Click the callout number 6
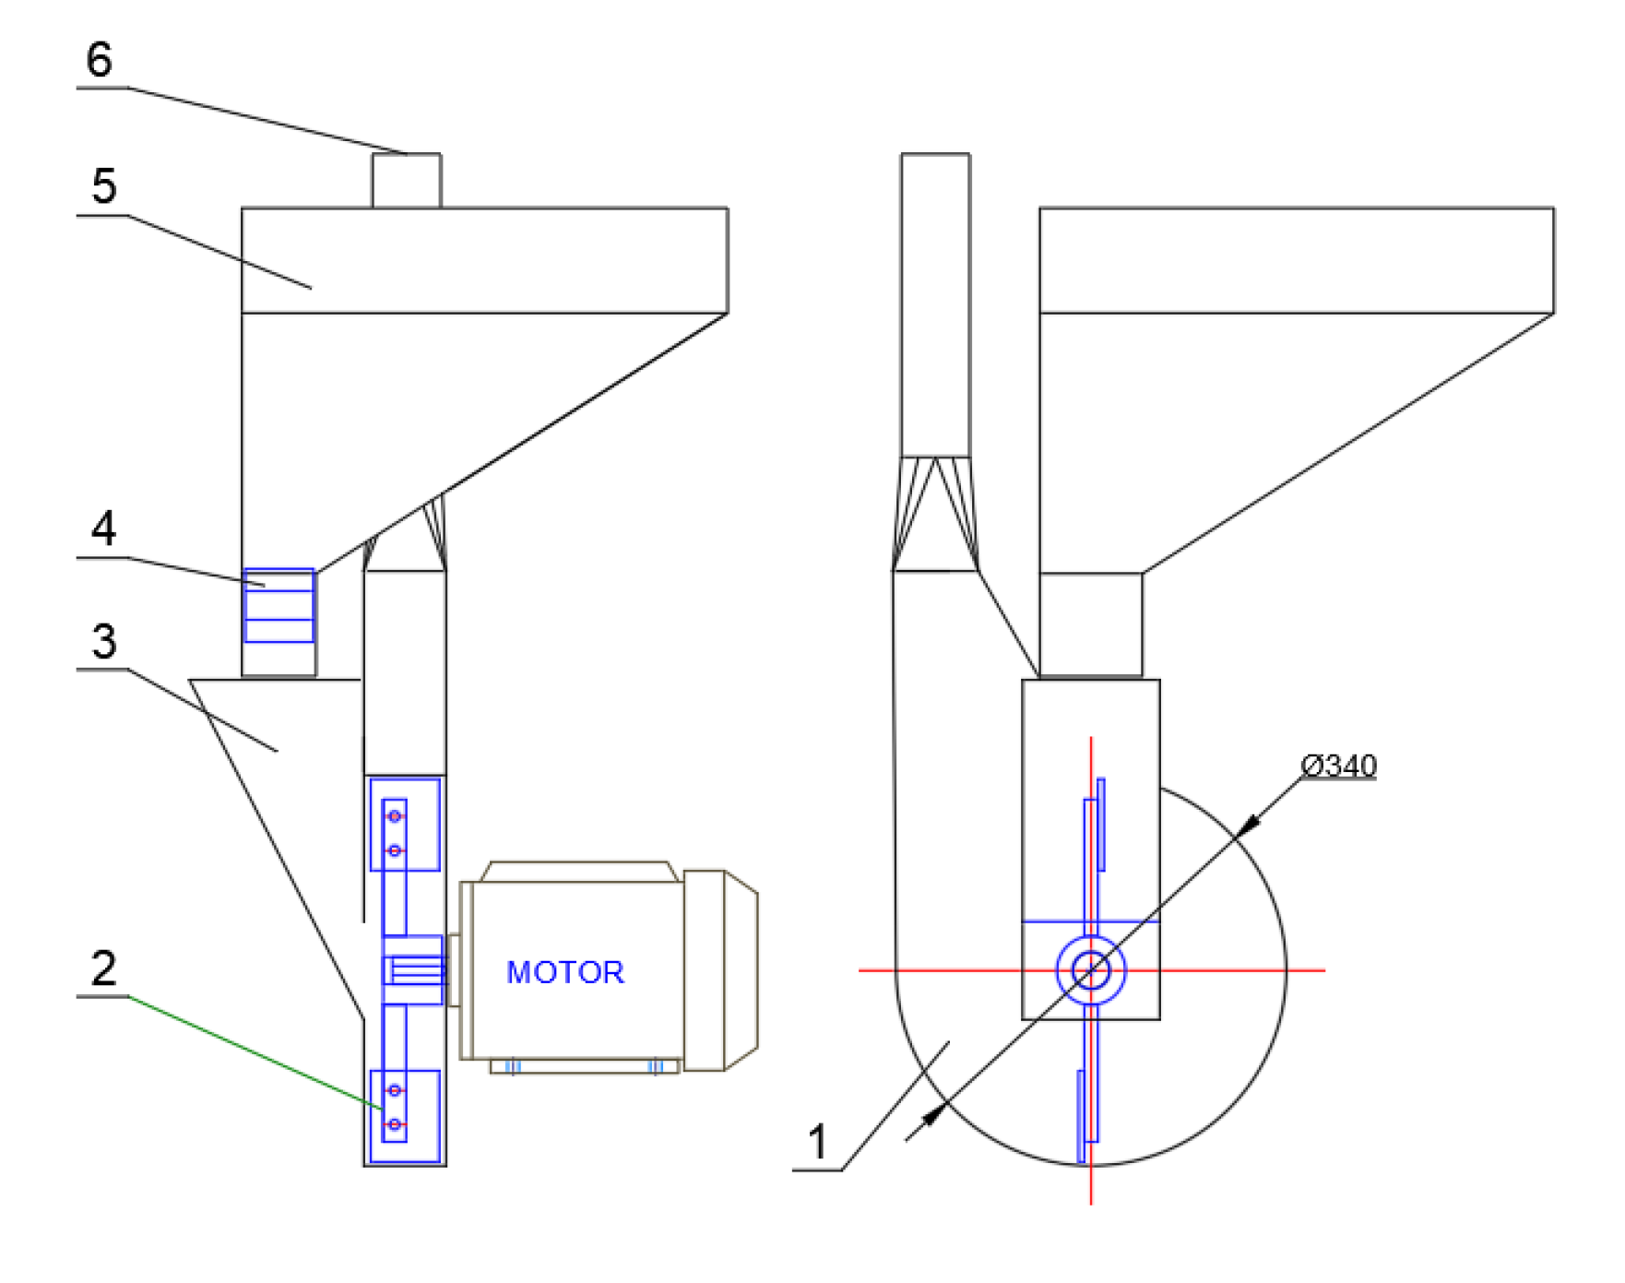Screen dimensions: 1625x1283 [100, 59]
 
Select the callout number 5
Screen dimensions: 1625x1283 [104, 186]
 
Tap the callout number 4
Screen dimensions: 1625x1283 [104, 529]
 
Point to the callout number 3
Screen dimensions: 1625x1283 [104, 641]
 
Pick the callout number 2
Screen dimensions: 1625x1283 [104, 968]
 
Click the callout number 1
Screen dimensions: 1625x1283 [817, 1142]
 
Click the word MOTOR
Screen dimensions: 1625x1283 [565, 972]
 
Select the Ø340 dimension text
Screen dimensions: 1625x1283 [1338, 766]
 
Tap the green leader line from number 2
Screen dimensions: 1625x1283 [255, 1052]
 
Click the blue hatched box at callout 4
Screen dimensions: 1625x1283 [279, 605]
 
